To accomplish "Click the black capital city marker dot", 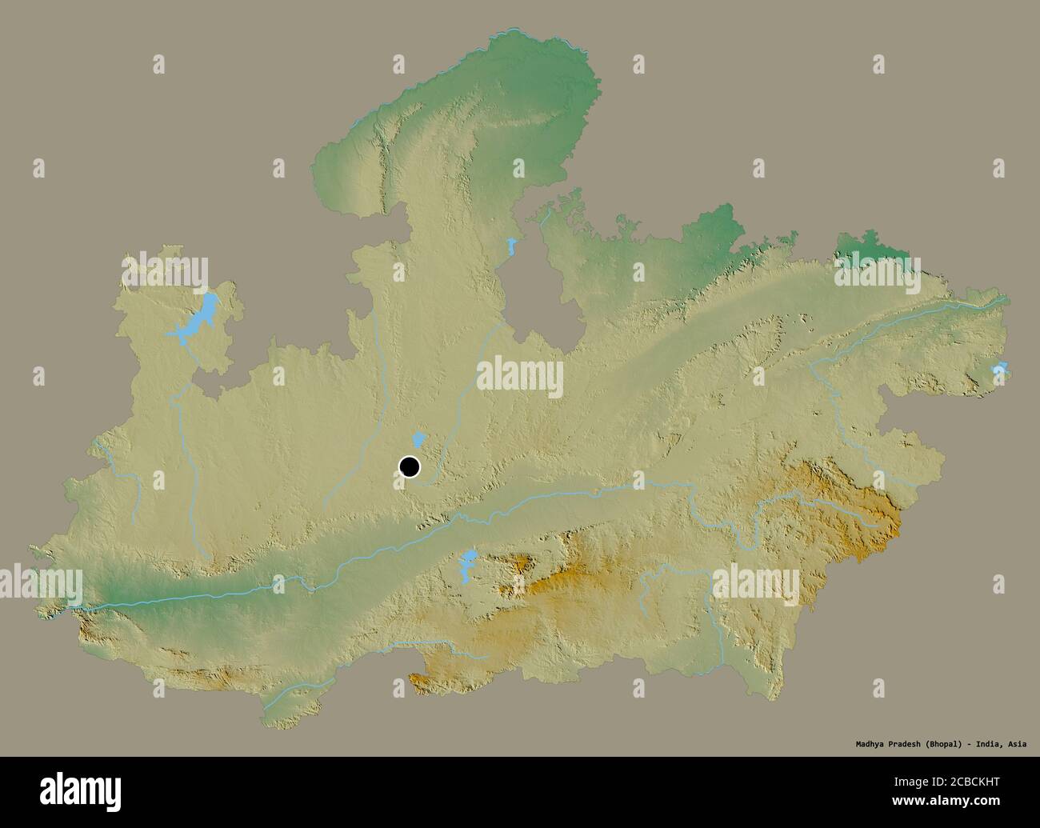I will tap(409, 466).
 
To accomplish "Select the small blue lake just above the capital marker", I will tap(417, 439).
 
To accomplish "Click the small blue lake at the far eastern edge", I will tap(998, 370).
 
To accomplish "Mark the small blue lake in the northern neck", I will tap(510, 247).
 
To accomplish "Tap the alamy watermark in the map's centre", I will tap(520, 376).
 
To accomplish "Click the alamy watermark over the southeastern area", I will tap(755, 582).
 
